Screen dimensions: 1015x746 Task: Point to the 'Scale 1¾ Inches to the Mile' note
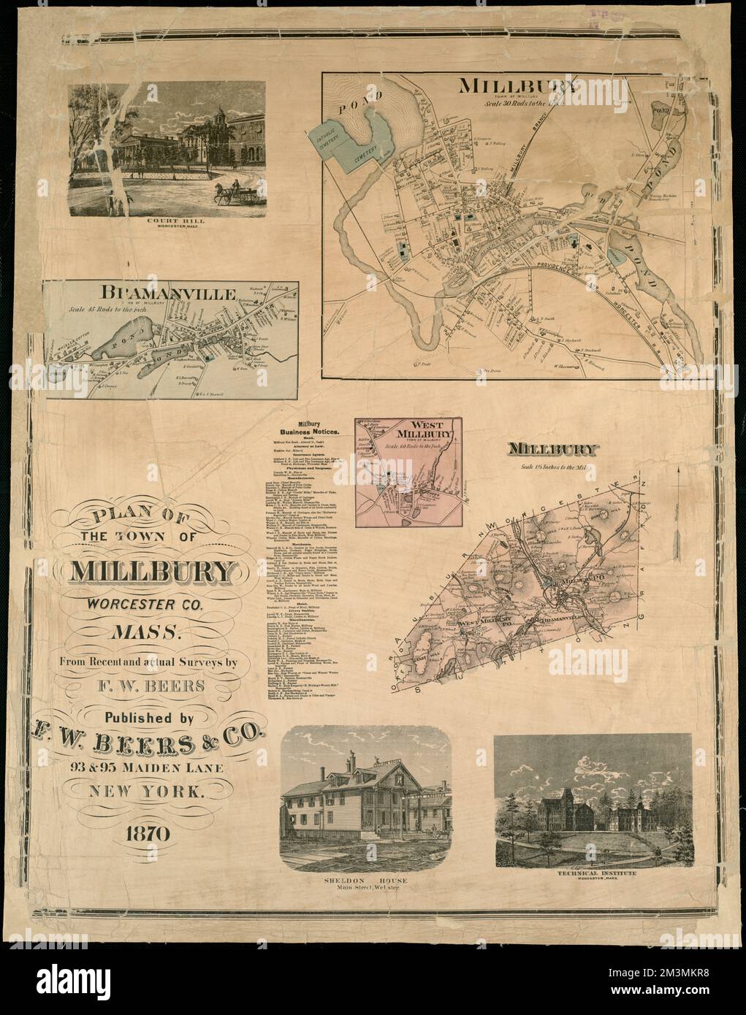[557, 467]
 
